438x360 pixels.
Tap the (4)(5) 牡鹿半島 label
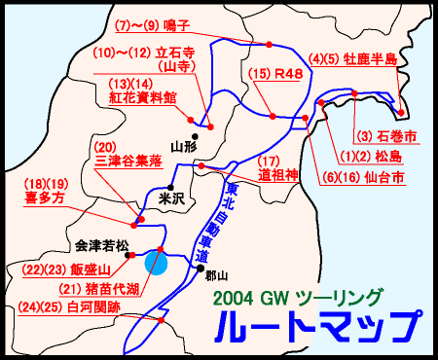[x=352, y=58]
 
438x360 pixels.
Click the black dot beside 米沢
[x=170, y=187]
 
